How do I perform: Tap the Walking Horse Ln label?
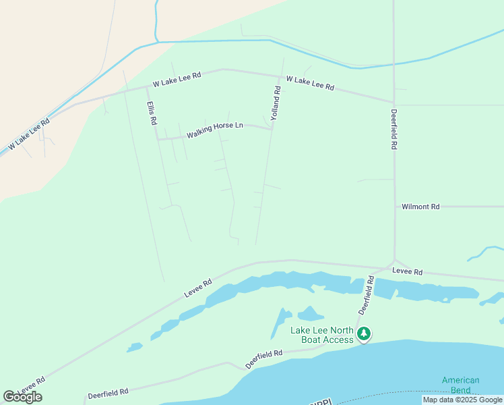(x=215, y=129)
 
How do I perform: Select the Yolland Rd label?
(x=276, y=103)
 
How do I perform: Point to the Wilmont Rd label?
(x=420, y=207)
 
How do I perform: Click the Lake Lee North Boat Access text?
(x=322, y=335)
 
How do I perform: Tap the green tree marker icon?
(x=364, y=333)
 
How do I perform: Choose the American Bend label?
(x=461, y=385)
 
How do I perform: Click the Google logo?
(x=22, y=396)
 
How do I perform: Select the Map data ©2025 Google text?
(x=463, y=400)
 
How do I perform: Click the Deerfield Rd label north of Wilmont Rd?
(x=393, y=129)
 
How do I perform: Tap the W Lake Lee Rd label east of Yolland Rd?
(x=310, y=83)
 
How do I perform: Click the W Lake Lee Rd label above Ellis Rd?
(x=177, y=80)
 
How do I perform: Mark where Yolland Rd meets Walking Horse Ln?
(x=272, y=129)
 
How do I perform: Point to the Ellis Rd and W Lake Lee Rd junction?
(x=146, y=87)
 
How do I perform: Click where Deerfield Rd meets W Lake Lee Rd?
(x=392, y=102)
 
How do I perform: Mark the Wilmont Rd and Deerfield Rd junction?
(x=394, y=207)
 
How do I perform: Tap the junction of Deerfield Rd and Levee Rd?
(x=394, y=262)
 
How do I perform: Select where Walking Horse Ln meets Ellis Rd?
(x=157, y=139)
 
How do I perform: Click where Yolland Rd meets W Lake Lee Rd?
(x=281, y=76)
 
